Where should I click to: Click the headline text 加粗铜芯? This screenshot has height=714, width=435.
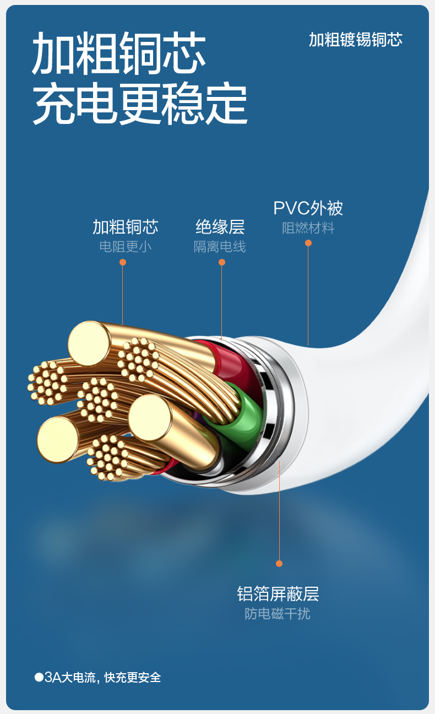pyautogui.click(x=118, y=54)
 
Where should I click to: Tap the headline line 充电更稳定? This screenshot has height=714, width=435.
pyautogui.click(x=140, y=104)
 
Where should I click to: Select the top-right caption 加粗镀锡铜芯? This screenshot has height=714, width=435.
pyautogui.click(x=355, y=40)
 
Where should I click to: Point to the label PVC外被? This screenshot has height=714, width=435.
pyautogui.click(x=308, y=208)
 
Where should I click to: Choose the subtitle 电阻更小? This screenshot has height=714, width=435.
pyautogui.click(x=125, y=247)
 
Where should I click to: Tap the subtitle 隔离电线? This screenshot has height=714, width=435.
pyautogui.click(x=220, y=247)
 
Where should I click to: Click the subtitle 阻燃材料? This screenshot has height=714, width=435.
pyautogui.click(x=308, y=228)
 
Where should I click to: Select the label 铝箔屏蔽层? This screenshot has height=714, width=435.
pyautogui.click(x=278, y=594)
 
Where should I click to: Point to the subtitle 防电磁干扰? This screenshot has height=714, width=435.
pyautogui.click(x=278, y=614)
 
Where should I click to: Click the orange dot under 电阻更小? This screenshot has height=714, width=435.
pyautogui.click(x=123, y=262)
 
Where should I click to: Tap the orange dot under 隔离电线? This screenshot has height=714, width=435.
pyautogui.click(x=222, y=262)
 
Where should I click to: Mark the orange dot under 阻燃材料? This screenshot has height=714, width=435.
pyautogui.click(x=308, y=243)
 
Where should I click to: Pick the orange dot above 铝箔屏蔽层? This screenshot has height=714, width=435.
pyautogui.click(x=279, y=564)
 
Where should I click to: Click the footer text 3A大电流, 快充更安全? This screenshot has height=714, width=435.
pyautogui.click(x=102, y=677)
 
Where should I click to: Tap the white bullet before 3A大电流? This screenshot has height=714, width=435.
pyautogui.click(x=39, y=677)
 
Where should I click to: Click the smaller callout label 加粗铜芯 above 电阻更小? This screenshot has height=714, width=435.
pyautogui.click(x=125, y=227)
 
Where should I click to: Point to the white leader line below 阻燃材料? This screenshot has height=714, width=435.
pyautogui.click(x=308, y=297)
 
